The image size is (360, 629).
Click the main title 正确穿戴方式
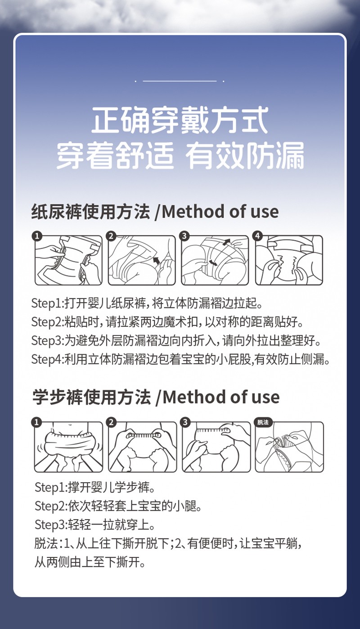click(x=180, y=120)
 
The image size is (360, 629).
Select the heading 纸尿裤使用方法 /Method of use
click(x=155, y=212)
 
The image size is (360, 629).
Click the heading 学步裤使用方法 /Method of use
click(x=156, y=398)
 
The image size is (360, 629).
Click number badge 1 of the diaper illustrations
click(x=37, y=236)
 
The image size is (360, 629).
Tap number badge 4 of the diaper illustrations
click(x=257, y=236)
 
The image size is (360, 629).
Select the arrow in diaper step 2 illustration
click(x=157, y=260)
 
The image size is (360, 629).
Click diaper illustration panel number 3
click(x=215, y=260)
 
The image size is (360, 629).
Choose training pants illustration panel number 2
click(x=142, y=447)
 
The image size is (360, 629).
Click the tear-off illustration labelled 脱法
click(x=289, y=447)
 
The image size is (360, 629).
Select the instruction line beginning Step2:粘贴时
click(x=167, y=322)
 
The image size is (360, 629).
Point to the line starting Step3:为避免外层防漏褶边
click(x=179, y=341)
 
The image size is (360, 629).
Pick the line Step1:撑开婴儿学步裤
click(x=94, y=487)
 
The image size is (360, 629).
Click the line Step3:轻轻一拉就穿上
click(x=95, y=525)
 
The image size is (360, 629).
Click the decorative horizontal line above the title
click(x=180, y=81)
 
